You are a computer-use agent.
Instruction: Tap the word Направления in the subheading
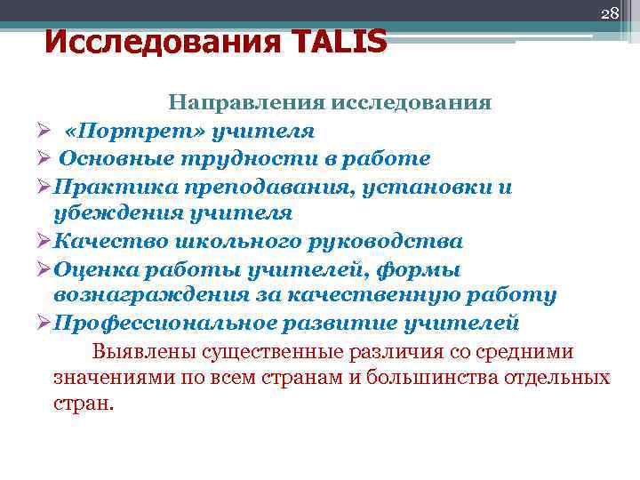246,102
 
